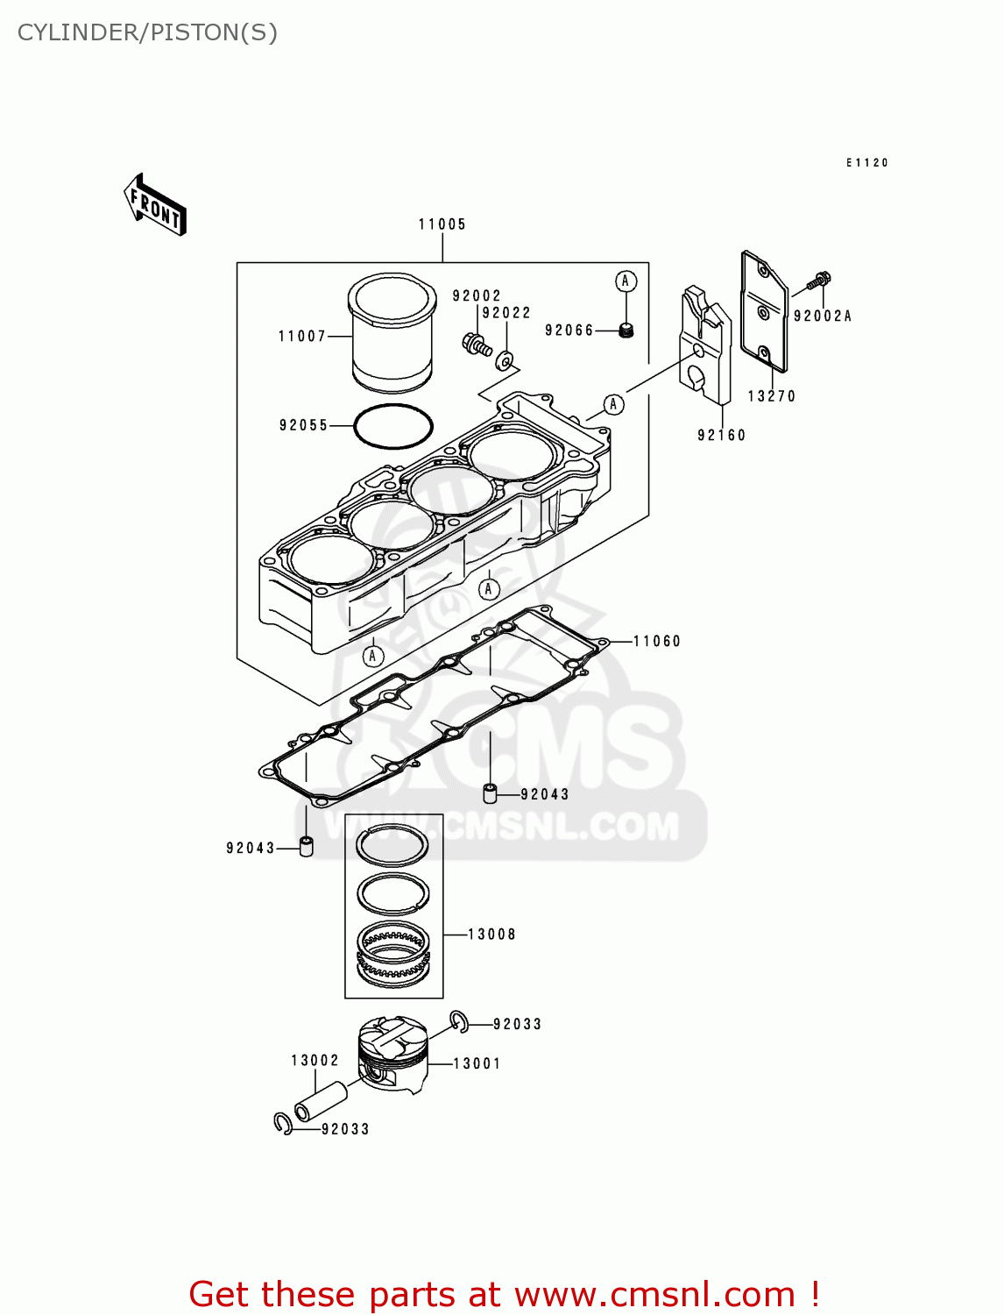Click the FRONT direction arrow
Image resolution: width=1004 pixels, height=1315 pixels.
click(156, 205)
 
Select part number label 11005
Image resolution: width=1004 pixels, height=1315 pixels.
click(442, 224)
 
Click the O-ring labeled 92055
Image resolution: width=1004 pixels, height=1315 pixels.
click(392, 426)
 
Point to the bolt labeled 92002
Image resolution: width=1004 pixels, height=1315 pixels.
click(475, 344)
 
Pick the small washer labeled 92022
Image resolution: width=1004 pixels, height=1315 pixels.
click(506, 360)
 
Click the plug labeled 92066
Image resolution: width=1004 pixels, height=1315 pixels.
click(626, 331)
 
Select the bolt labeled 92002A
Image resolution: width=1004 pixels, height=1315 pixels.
click(819, 281)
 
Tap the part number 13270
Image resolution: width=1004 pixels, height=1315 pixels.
click(771, 396)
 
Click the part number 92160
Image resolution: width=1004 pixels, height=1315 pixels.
click(721, 435)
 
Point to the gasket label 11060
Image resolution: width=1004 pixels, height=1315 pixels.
click(657, 641)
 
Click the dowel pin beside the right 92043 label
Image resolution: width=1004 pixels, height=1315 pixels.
click(491, 794)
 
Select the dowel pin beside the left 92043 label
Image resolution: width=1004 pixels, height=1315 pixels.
click(306, 847)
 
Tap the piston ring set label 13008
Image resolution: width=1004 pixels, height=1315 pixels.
click(491, 935)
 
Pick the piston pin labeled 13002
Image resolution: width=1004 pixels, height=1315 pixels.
click(321, 1101)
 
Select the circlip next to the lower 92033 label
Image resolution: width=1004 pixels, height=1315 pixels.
click(283, 1124)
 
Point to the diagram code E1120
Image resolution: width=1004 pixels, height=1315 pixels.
click(867, 163)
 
